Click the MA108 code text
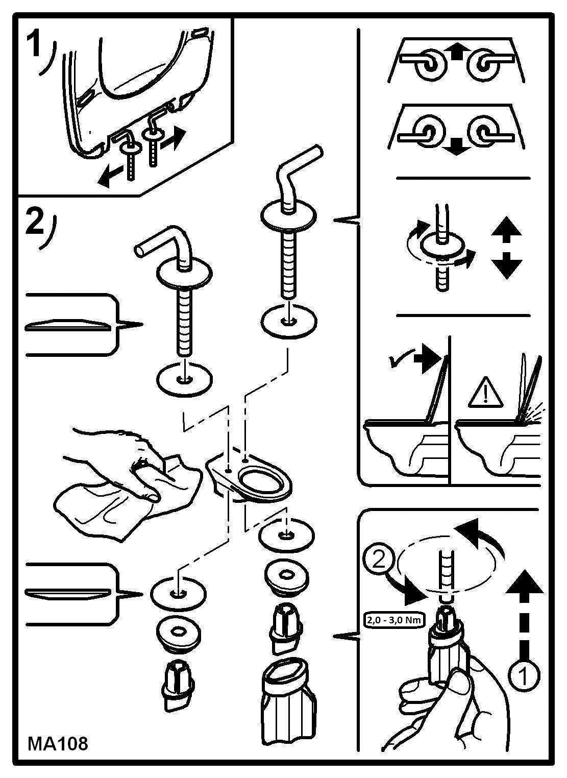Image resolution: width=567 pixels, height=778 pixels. (x=58, y=743)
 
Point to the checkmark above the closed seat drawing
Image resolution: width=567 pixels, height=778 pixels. (x=397, y=361)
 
